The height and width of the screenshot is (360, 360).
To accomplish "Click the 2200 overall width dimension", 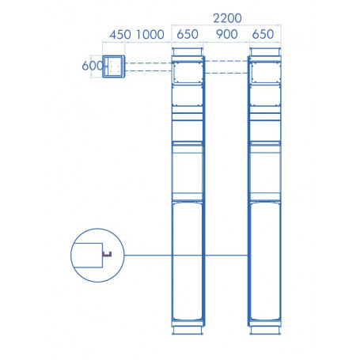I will pyautogui.click(x=226, y=17).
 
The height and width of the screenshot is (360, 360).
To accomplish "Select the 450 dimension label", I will pyautogui.click(x=119, y=35).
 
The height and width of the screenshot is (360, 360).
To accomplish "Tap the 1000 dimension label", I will pyautogui.click(x=150, y=35).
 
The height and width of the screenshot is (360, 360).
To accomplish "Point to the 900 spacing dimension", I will pyautogui.click(x=226, y=35).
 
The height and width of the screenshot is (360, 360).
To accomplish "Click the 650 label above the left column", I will pyautogui.click(x=188, y=35).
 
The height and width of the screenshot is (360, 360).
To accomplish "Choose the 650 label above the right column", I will pyautogui.click(x=265, y=35).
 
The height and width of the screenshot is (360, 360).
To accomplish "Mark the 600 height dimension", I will pyautogui.click(x=92, y=66).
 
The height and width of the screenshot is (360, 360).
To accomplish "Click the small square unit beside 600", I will pyautogui.click(x=116, y=66).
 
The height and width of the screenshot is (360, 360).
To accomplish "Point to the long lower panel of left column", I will pyautogui.click(x=188, y=261).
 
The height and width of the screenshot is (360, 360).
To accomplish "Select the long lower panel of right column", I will pyautogui.click(x=265, y=261).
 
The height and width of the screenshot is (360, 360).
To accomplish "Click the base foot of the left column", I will pyautogui.click(x=188, y=326).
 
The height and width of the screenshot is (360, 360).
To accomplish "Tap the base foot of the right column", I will pyautogui.click(x=265, y=326).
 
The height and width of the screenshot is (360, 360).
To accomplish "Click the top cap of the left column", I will pyautogui.click(x=188, y=53).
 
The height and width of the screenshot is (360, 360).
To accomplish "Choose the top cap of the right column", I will pyautogui.click(x=265, y=53).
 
